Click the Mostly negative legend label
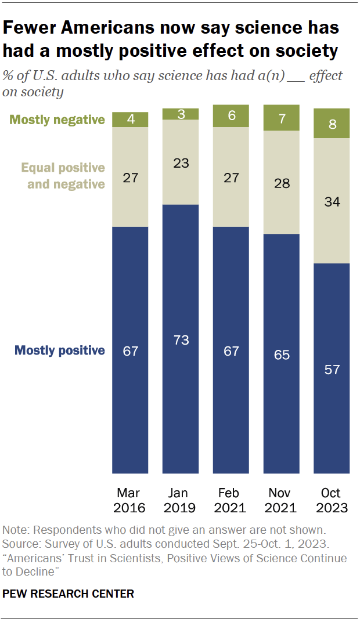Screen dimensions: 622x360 point(57,120)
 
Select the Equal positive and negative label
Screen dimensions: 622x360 point(63,176)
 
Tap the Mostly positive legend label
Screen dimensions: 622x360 point(59,350)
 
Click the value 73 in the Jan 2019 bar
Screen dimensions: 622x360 point(181,340)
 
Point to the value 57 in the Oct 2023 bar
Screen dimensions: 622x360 point(332,369)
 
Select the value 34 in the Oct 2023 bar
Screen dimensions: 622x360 point(332,202)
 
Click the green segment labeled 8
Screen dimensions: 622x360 point(332,123)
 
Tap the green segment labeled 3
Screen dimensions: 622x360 point(181,114)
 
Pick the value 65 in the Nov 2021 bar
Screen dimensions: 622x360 point(282,355)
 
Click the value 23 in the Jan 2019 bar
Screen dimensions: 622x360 point(181,163)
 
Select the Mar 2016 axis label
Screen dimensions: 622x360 point(130,500)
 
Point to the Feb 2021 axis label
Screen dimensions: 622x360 point(231,500)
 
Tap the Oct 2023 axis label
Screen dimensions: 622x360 point(332,500)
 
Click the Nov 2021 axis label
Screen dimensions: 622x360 point(282,500)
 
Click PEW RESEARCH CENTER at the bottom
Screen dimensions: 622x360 point(69,594)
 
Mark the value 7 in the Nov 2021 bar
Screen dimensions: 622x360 point(282,118)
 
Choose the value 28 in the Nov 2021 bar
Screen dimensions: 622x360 point(282,183)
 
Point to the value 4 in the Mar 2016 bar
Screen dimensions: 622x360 point(130,120)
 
